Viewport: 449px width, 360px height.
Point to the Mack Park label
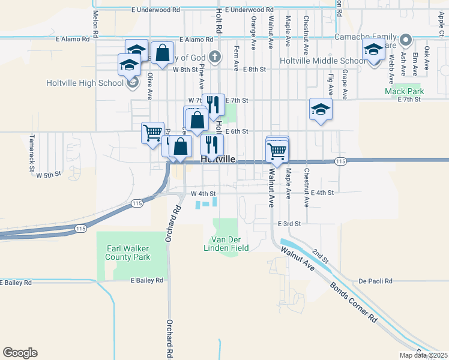pyautogui.click(x=404, y=92)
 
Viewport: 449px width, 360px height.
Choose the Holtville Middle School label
pyautogui.click(x=322, y=61)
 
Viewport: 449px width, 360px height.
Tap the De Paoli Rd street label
pyautogui.click(x=375, y=281)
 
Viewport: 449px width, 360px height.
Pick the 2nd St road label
pyautogui.click(x=321, y=257)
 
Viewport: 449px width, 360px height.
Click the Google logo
pyautogui.click(x=20, y=353)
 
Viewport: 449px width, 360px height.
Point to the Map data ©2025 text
pyautogui.click(x=423, y=355)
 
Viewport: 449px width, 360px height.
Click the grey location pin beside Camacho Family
pyautogui.click(x=406, y=41)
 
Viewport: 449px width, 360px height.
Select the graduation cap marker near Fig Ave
pyautogui.click(x=321, y=110)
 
